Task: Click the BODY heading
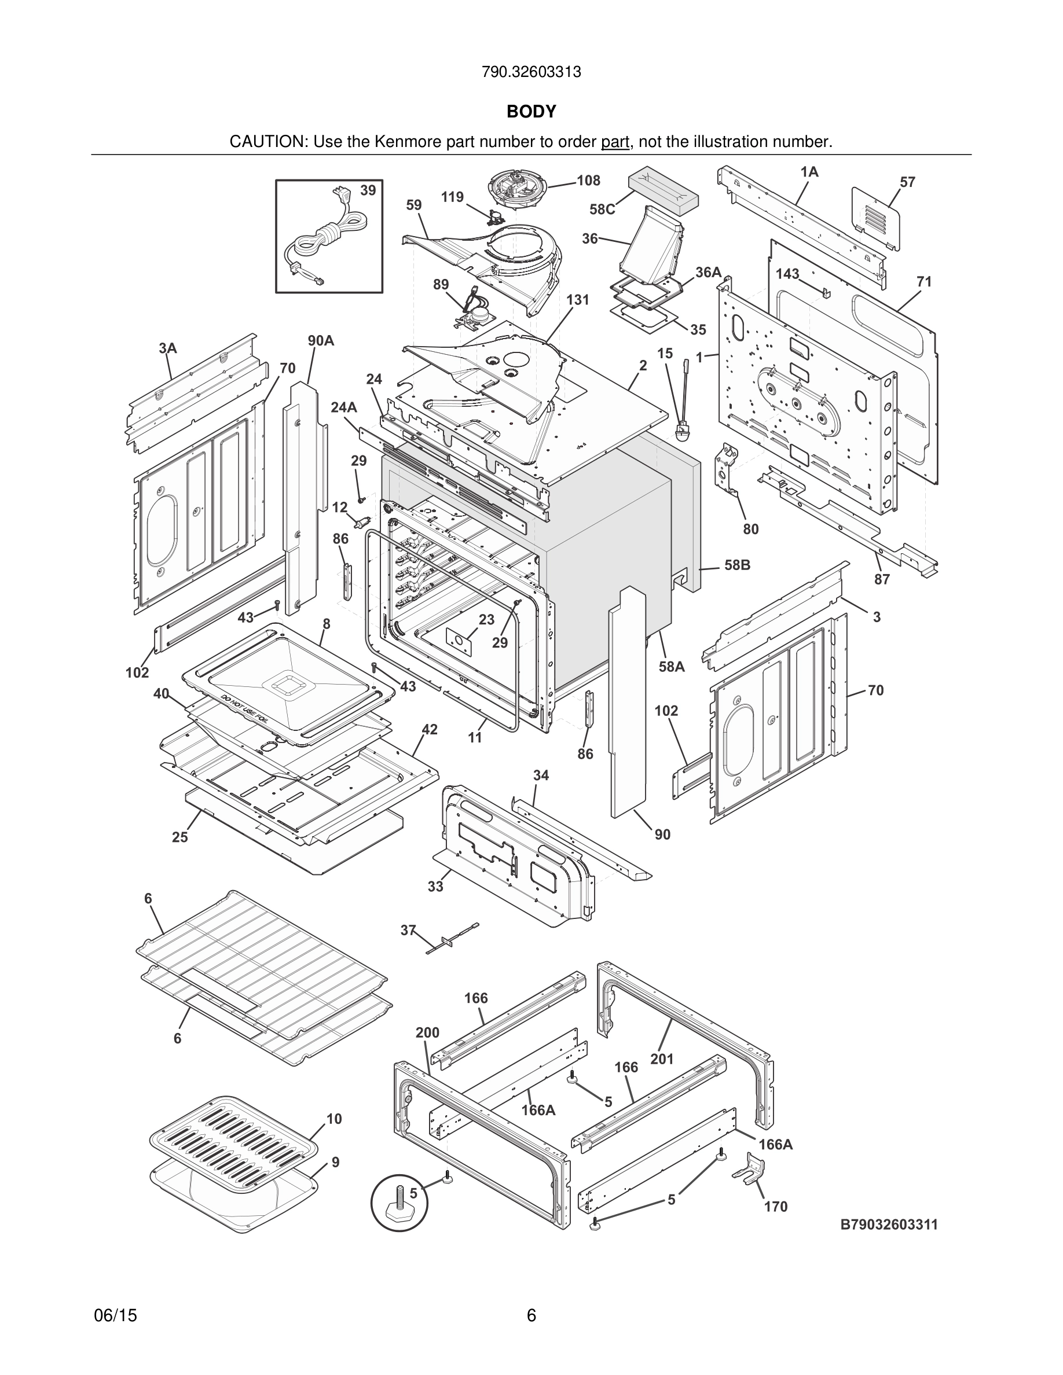click(x=531, y=112)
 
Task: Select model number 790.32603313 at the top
click(x=531, y=72)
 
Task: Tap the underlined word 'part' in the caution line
click(x=615, y=142)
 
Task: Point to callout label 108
click(x=588, y=181)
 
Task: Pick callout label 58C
click(x=602, y=209)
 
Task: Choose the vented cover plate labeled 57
click(x=875, y=217)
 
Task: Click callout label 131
click(x=577, y=300)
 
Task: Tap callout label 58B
click(x=737, y=565)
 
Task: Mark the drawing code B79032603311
click(x=889, y=1225)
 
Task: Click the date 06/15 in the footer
click(x=115, y=1315)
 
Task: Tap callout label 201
click(x=662, y=1059)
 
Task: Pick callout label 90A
click(x=321, y=341)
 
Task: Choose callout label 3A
click(x=167, y=348)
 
